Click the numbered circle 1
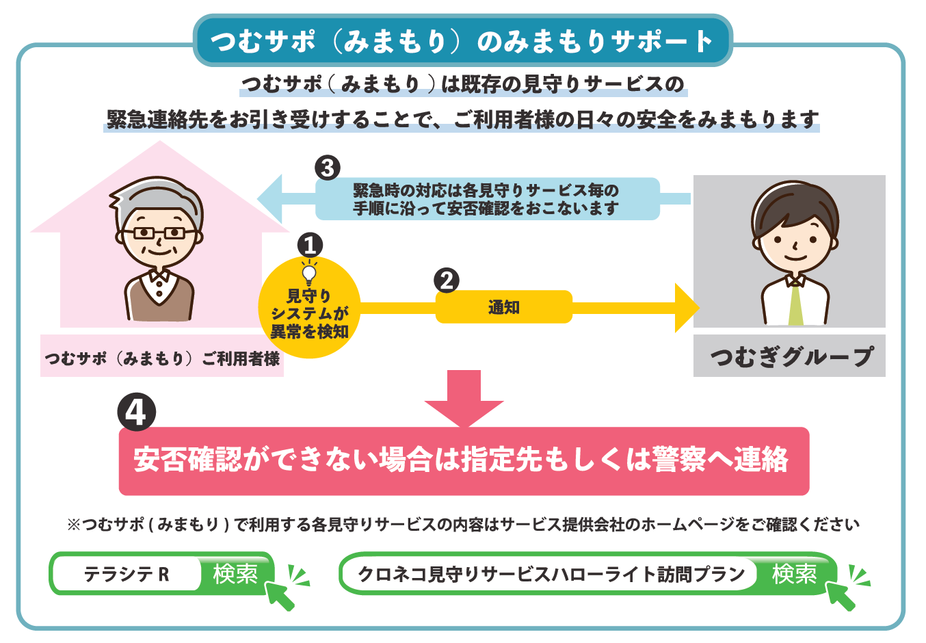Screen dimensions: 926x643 pos(310,245)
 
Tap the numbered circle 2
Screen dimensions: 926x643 pos(447,280)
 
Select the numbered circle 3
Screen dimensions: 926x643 pos(328,168)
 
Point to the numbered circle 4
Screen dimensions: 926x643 pos(136,412)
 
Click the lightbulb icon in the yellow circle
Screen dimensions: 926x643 pos(309,273)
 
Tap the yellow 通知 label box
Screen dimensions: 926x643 pos(504,307)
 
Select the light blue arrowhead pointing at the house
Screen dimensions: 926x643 pos(270,199)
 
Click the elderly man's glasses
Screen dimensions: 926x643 pos(159,233)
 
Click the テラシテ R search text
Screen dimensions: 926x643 pos(127,574)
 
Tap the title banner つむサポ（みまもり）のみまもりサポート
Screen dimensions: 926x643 pos(462,40)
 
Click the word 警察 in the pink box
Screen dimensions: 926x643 pos(679,460)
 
